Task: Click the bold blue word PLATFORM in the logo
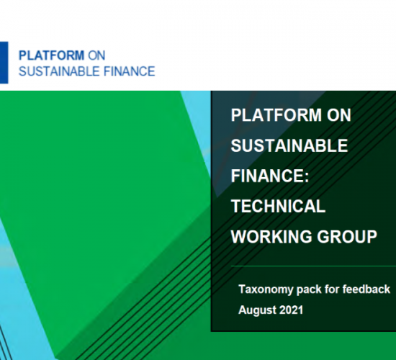click(x=52, y=55)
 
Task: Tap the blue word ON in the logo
click(x=96, y=55)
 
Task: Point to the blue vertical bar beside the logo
click(x=4, y=63)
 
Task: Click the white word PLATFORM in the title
click(x=276, y=115)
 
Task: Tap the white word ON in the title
click(x=339, y=115)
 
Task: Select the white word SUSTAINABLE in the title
click(x=289, y=145)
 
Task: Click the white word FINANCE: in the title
click(x=270, y=176)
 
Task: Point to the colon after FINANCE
click(x=307, y=177)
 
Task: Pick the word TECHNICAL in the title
click(x=279, y=206)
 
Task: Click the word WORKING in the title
click(x=271, y=237)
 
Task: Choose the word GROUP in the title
click(x=347, y=237)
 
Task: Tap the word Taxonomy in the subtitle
click(x=266, y=289)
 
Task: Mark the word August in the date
click(x=257, y=310)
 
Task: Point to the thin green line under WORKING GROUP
click(x=313, y=266)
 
